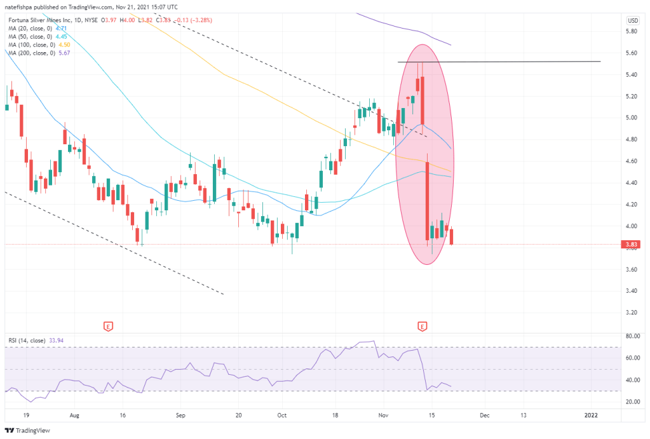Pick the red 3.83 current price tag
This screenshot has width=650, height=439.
coord(631,245)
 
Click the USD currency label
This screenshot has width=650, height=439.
coord(632,20)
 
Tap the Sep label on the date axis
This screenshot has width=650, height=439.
coord(180,415)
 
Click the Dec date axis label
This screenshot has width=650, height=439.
coord(484,415)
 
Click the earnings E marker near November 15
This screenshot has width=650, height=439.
coord(422,327)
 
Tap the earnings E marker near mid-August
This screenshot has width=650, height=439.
coord(109,327)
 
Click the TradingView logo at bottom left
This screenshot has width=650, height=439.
coord(26,429)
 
